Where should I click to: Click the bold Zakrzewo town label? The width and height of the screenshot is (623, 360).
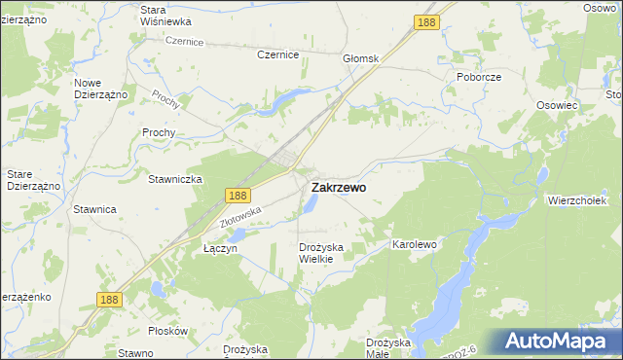pos(339,188)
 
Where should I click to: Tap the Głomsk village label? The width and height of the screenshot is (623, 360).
pos(360,58)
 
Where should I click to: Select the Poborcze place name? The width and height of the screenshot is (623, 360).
pos(478,76)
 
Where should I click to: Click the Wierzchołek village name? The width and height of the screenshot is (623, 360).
pos(578,200)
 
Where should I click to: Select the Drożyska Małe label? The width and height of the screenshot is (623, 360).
pos(391,348)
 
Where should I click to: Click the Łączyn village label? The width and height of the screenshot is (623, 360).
pos(220,248)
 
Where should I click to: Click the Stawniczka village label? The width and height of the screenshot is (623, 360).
pos(174,179)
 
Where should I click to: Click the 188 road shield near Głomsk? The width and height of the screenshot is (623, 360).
pos(424,21)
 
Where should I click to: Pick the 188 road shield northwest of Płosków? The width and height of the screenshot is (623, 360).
pos(109,300)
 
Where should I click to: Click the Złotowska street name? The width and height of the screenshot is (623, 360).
pos(242,216)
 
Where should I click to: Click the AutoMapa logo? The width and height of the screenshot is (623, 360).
pos(557,342)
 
